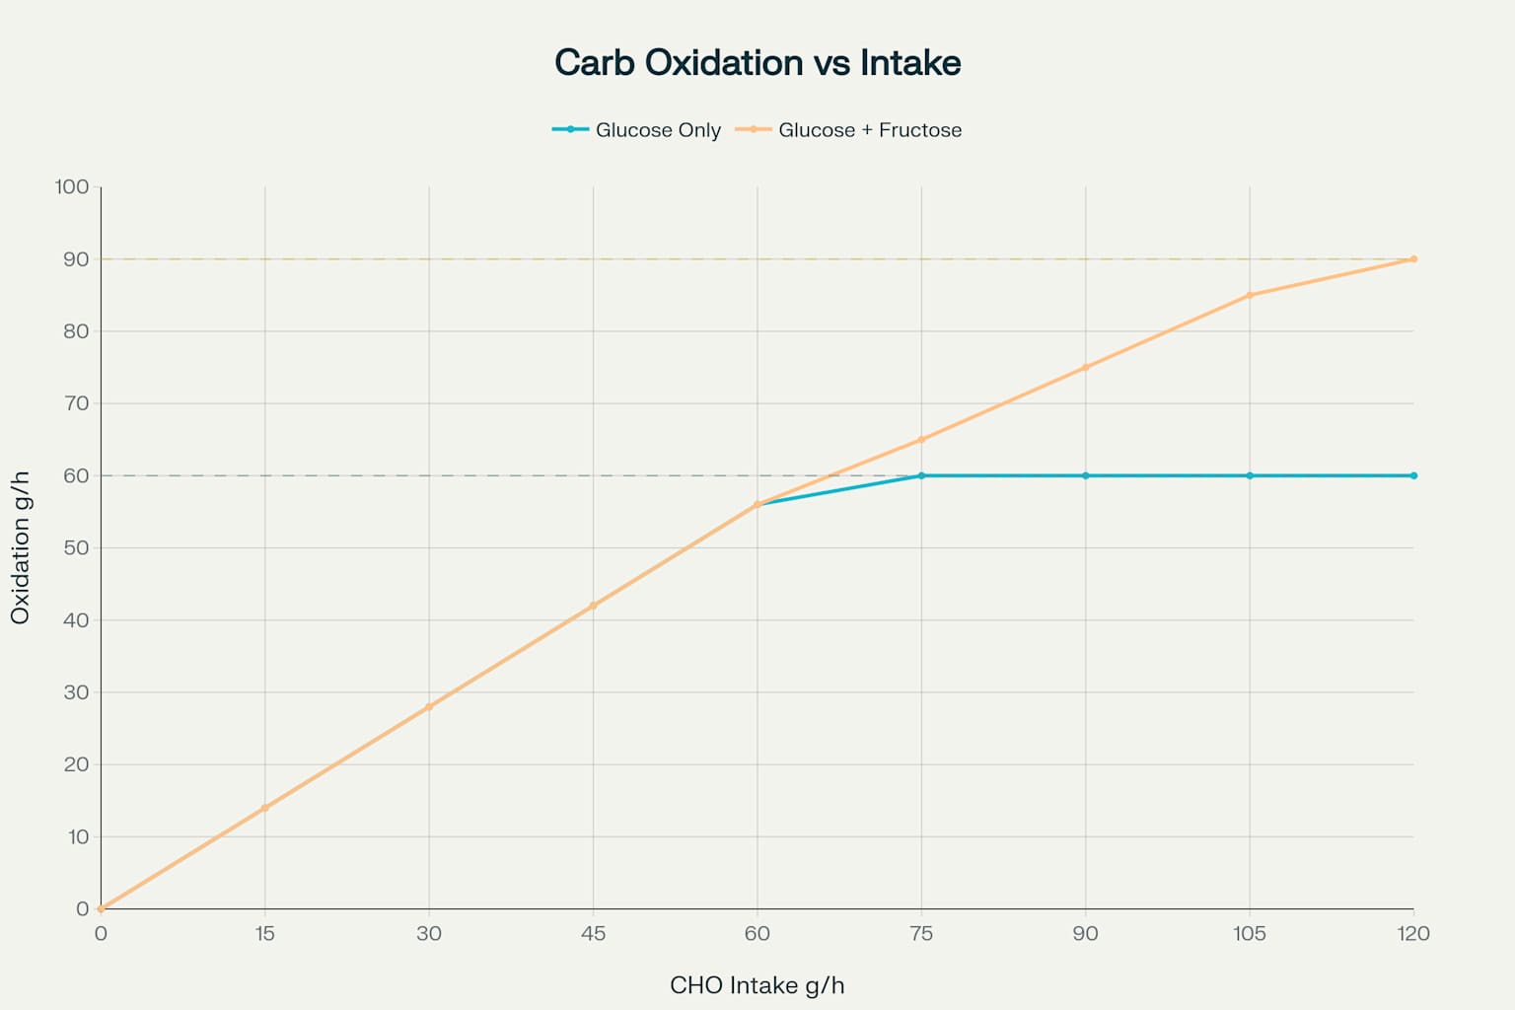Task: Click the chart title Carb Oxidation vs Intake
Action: coord(757,63)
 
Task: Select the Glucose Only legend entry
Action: coord(637,130)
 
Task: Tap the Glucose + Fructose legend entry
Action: coord(849,130)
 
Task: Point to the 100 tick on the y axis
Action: coord(72,186)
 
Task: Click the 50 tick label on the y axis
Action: coord(76,547)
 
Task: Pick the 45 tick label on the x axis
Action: coord(593,934)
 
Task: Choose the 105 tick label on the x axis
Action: coord(1250,934)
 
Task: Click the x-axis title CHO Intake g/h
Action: coord(757,985)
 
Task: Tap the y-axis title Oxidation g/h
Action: coord(21,547)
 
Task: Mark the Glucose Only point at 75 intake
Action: coord(921,475)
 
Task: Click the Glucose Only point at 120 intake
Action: coord(1413,475)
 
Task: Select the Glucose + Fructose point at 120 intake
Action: coord(1413,259)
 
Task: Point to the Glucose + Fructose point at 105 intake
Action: coord(1250,295)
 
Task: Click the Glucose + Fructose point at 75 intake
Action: coord(921,440)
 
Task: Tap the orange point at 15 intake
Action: coord(264,808)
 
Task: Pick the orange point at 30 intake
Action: coord(429,706)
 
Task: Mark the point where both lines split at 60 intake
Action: coord(757,504)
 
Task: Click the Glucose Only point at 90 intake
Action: coord(1086,475)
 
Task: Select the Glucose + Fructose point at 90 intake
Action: coord(1086,367)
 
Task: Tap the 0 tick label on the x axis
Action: coord(101,934)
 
